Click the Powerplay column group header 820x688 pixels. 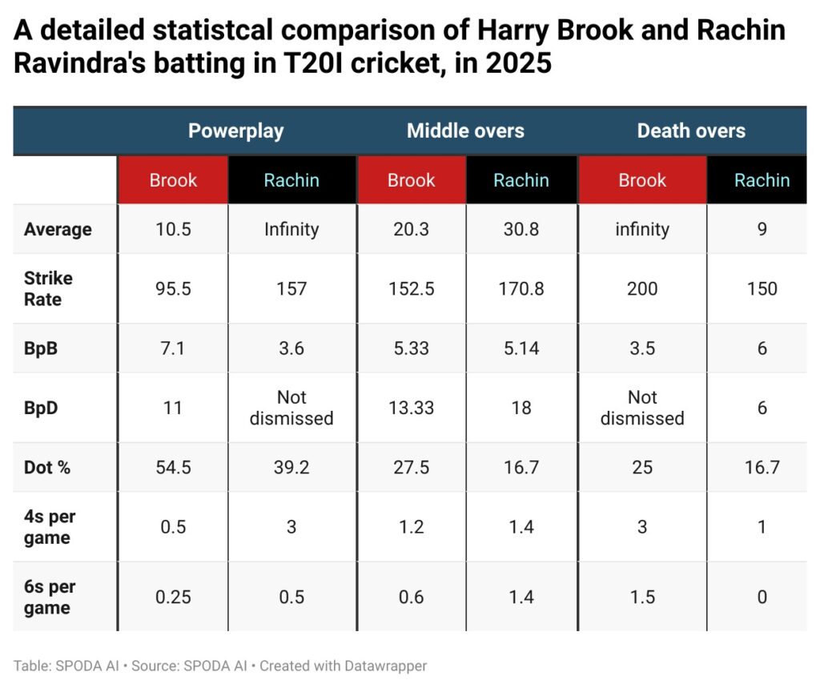tap(235, 131)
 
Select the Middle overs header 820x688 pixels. tap(465, 131)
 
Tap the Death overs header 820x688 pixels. tap(690, 131)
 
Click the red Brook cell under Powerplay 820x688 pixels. tap(173, 180)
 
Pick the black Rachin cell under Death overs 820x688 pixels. tap(762, 180)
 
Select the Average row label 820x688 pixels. tap(58, 229)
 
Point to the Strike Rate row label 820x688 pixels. tap(48, 288)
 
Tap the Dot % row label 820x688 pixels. tap(47, 467)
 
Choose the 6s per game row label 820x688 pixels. tap(50, 597)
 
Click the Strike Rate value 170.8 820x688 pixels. tap(521, 288)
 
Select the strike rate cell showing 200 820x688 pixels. tap(641, 288)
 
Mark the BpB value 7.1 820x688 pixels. tap(173, 348)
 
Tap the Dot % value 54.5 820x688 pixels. tap(173, 467)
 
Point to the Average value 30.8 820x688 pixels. tap(521, 229)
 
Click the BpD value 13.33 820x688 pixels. tap(411, 408)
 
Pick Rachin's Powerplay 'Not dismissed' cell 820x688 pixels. tap(291, 408)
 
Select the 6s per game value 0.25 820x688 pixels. tap(173, 597)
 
